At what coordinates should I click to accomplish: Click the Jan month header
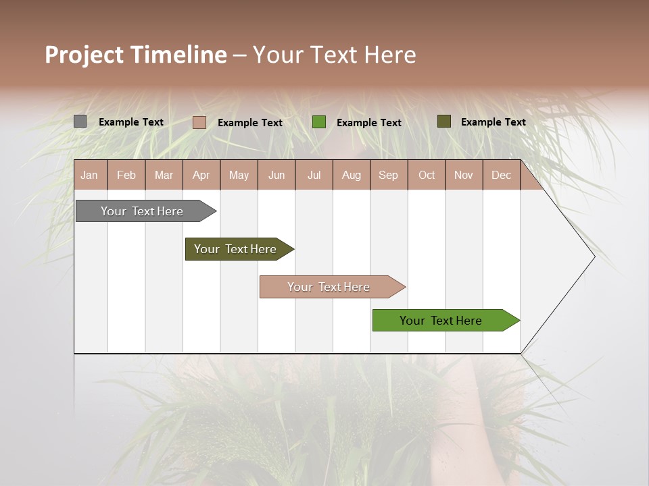(89, 175)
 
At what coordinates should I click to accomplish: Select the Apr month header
(201, 175)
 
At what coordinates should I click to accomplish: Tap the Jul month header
(314, 175)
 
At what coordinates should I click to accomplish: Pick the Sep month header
(388, 175)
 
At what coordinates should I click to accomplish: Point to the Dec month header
(501, 175)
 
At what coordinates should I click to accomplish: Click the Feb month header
(126, 175)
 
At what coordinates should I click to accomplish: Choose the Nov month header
(464, 175)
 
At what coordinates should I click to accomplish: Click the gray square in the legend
(80, 122)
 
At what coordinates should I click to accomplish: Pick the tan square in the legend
(199, 122)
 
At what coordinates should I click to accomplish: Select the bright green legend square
(319, 122)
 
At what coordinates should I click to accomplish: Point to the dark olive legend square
(443, 122)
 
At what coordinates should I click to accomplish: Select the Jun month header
(277, 175)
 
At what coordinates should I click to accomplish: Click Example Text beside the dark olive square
(493, 122)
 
